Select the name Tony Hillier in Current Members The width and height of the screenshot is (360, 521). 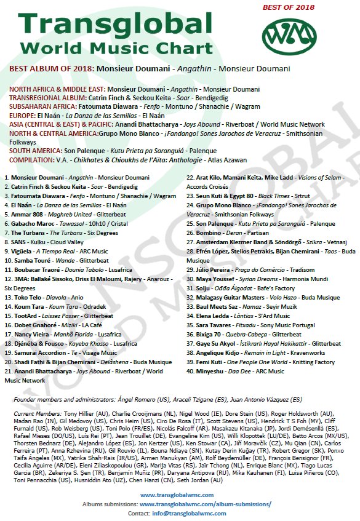[x=82, y=414]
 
